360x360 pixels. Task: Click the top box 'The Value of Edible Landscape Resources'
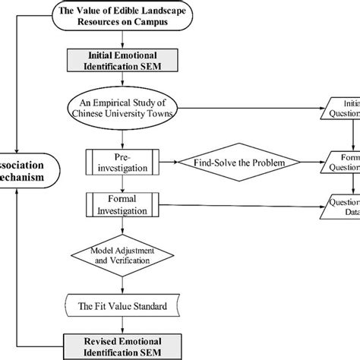(x=117, y=15)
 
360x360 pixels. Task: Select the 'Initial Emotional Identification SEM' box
(x=117, y=61)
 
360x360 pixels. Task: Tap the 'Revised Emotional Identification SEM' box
(x=117, y=346)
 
